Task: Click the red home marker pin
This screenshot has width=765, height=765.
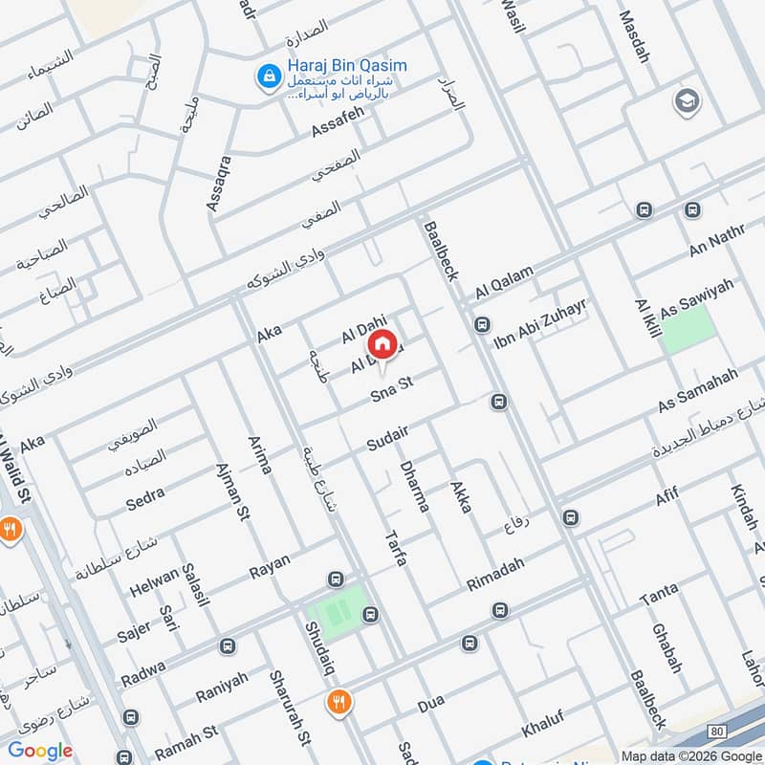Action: [x=382, y=343]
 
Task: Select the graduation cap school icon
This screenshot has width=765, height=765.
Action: [x=686, y=100]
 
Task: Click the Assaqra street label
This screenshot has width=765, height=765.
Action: [x=218, y=183]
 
